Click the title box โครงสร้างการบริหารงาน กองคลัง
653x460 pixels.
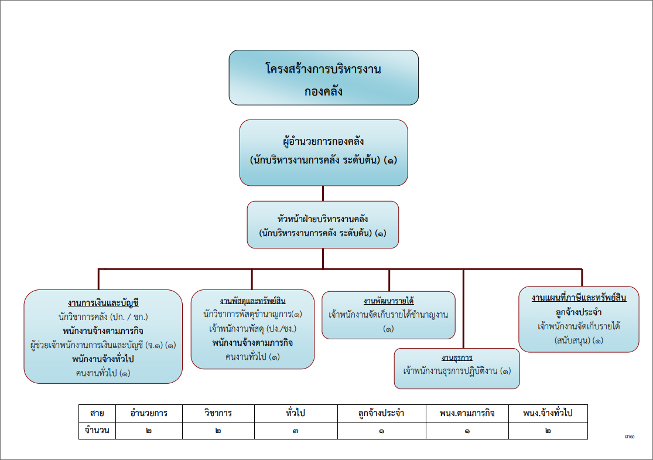click(324, 77)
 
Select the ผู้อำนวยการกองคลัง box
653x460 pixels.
click(324, 152)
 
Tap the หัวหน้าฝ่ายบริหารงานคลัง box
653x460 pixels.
click(323, 225)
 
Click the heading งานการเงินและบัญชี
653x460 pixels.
click(103, 303)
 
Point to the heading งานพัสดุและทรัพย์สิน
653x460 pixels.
click(253, 301)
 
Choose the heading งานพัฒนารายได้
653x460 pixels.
click(388, 301)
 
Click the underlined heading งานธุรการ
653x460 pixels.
click(457, 357)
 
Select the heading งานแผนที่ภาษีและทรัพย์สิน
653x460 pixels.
click(579, 298)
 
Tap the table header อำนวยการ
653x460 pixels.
click(149, 413)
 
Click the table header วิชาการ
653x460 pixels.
click(218, 413)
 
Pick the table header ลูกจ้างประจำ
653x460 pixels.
click(381, 413)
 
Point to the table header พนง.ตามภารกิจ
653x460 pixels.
click(467, 413)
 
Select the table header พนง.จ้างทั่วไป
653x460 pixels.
click(548, 413)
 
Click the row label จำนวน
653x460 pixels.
click(97, 431)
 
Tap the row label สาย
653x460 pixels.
click(97, 413)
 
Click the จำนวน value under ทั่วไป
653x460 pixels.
click(296, 431)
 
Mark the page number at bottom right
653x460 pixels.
click(630, 436)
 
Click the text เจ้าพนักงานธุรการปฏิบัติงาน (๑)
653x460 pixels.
click(457, 371)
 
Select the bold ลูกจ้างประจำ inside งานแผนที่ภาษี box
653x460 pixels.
click(579, 312)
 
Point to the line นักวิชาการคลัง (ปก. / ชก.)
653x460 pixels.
click(103, 316)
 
